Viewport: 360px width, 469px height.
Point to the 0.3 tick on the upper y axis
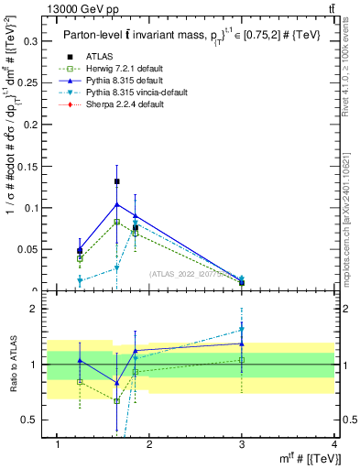(x=31, y=41)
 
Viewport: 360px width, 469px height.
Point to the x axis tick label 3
(x=242, y=444)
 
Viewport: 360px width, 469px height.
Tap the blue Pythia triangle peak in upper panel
(x=116, y=203)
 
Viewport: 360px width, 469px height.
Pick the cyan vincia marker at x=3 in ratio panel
(x=242, y=330)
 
